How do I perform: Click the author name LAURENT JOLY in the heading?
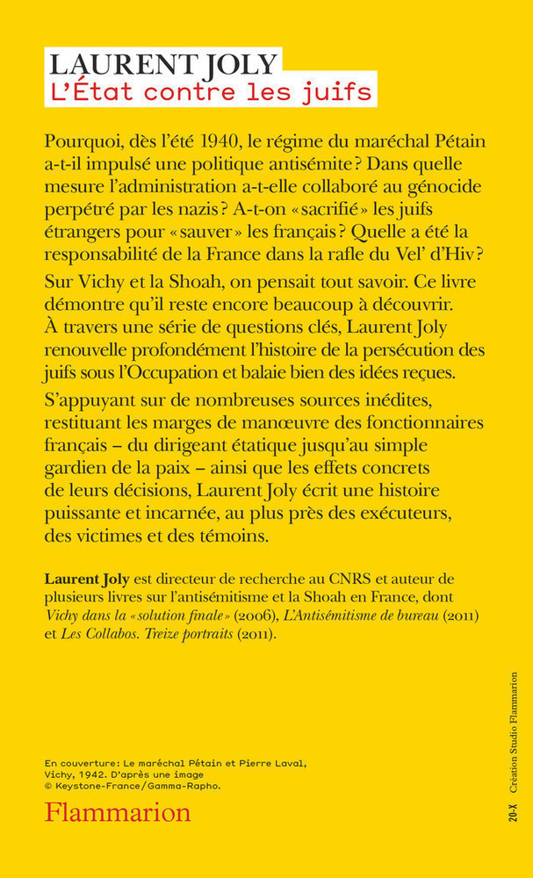pos(163,63)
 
